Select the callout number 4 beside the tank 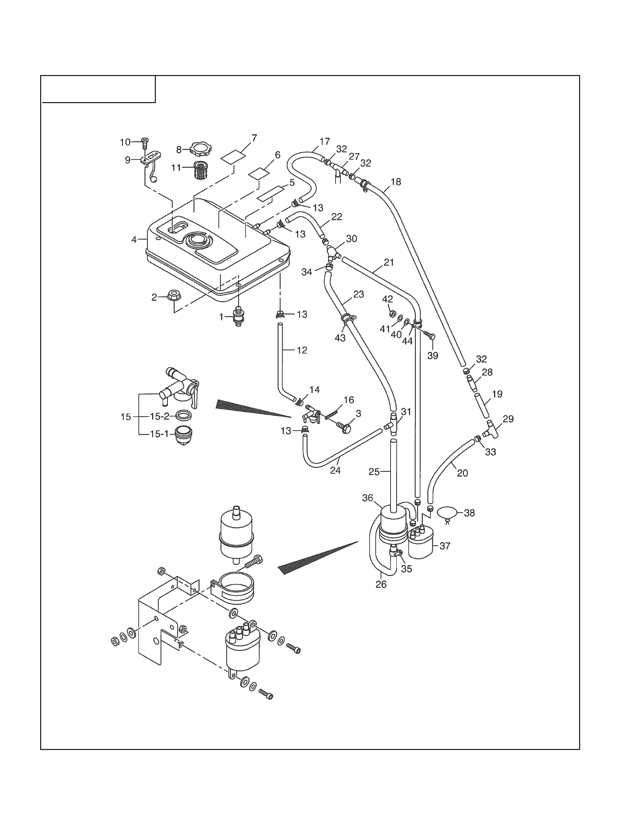134,240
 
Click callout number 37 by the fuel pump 445,546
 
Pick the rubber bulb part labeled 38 447,514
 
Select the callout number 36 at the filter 368,498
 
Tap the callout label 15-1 160,433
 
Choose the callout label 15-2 160,416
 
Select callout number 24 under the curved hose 335,470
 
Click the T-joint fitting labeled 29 493,429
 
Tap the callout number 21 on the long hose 389,262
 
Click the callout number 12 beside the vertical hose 302,350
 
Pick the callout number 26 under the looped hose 381,584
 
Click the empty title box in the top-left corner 99,89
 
